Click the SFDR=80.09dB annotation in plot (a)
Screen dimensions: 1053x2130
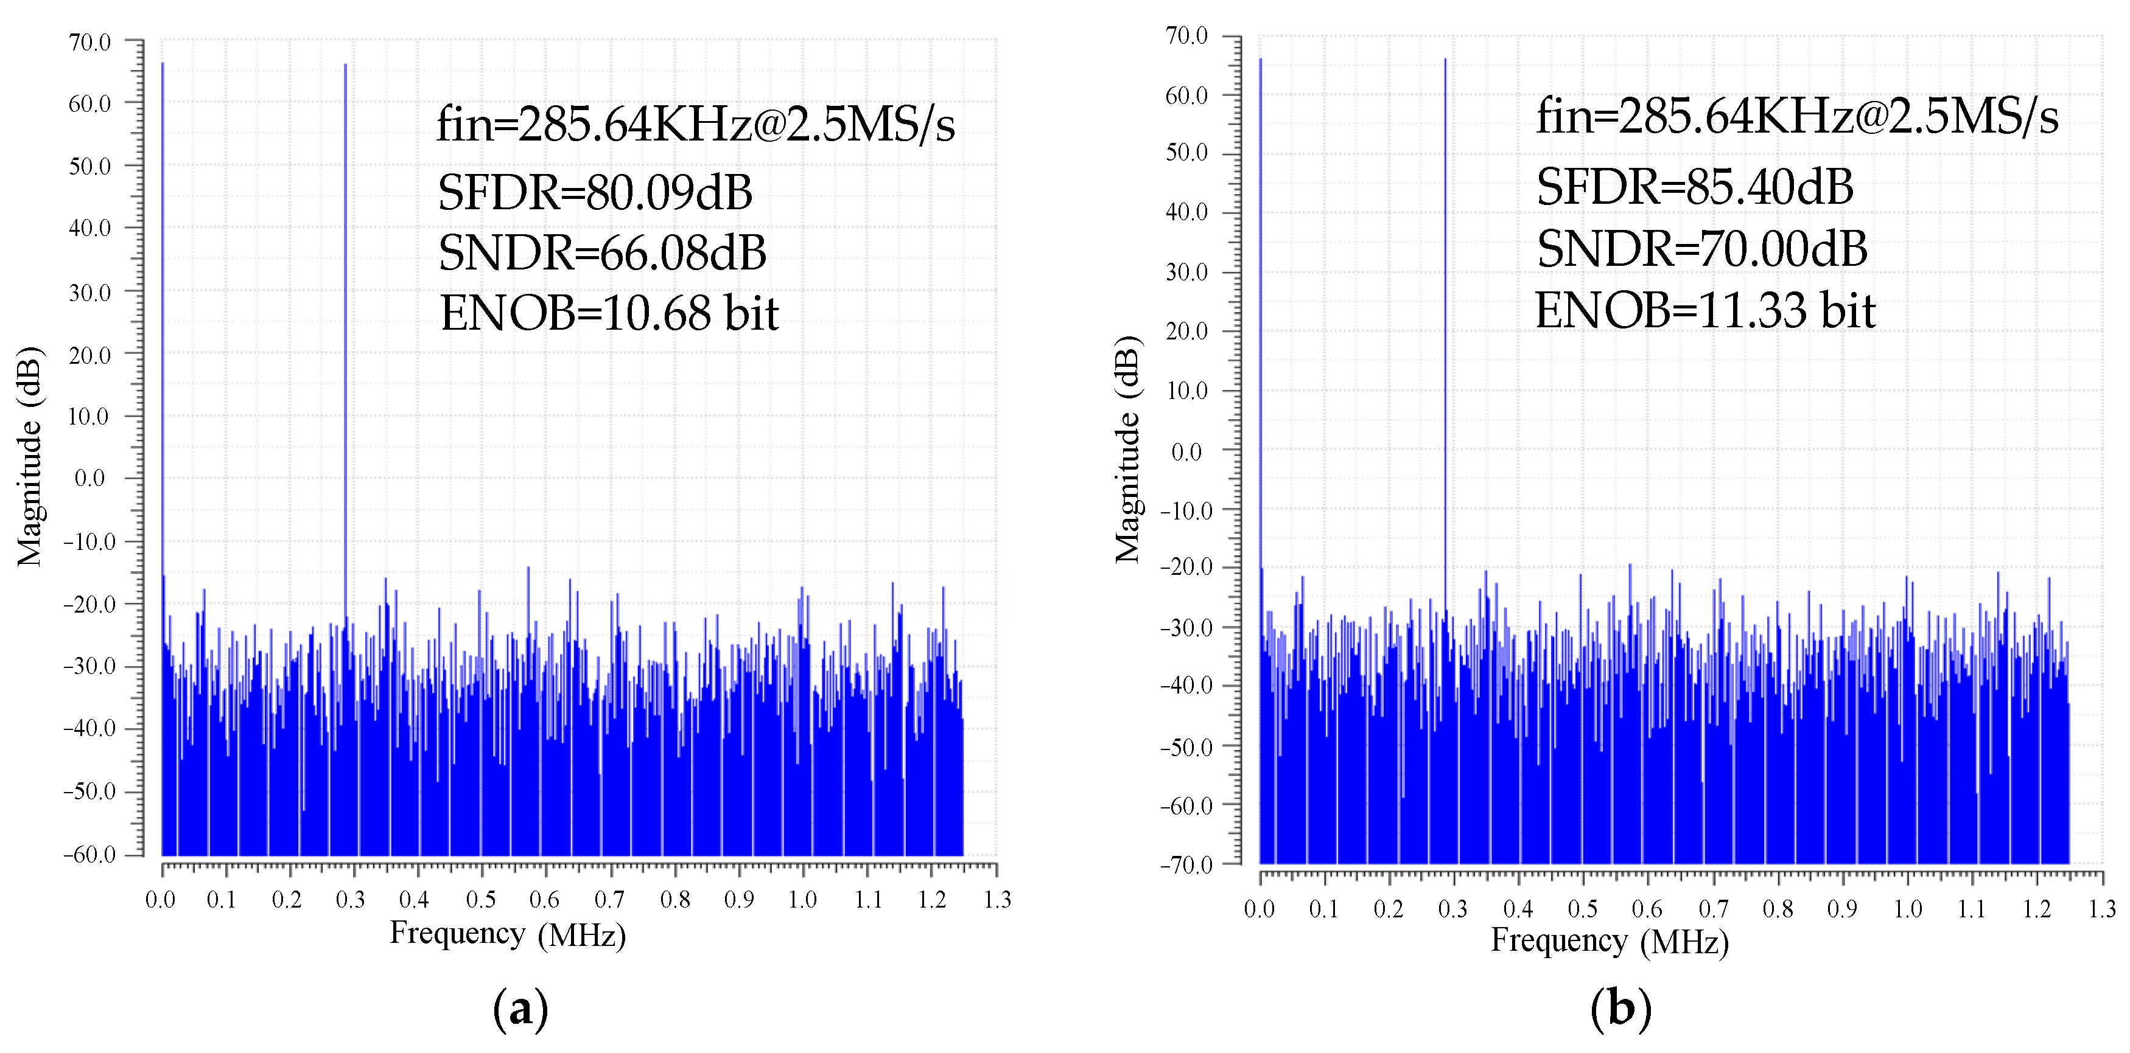[595, 193]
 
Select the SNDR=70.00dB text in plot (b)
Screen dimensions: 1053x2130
[1701, 249]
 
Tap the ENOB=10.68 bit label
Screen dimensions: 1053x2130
[609, 313]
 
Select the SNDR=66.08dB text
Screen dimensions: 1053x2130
[602, 253]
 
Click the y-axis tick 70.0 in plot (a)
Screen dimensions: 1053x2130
[89, 42]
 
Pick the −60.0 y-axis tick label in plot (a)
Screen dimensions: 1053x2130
[89, 854]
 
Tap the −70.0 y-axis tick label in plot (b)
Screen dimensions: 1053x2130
[1186, 864]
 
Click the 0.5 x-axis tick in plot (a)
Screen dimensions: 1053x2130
[480, 899]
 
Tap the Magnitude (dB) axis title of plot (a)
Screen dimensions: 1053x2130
[30, 456]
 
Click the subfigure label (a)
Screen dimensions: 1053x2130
[520, 1009]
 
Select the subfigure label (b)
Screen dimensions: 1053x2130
[1620, 1009]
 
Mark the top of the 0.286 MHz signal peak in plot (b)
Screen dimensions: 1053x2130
[1445, 60]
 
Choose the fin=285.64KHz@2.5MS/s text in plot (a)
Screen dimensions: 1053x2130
[695, 125]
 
